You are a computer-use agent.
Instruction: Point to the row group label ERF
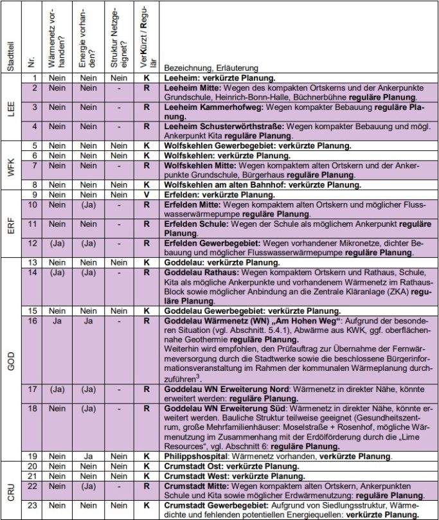(x=12, y=222)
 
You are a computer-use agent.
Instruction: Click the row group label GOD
(x=12, y=359)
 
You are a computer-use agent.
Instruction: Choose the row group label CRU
(x=12, y=489)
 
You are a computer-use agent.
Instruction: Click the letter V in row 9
(x=147, y=193)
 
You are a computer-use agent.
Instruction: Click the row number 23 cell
(x=33, y=505)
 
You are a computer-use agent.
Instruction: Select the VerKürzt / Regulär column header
(x=147, y=40)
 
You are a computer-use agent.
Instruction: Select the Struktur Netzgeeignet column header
(x=117, y=40)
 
